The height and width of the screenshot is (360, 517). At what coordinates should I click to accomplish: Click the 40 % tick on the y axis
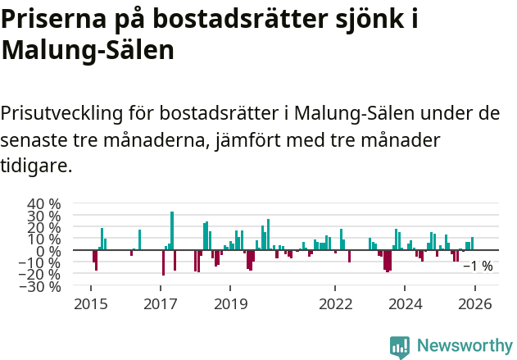pos(43,203)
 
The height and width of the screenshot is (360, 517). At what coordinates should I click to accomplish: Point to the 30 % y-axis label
pos(43,216)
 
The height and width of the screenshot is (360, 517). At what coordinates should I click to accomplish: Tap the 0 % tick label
pos(49,251)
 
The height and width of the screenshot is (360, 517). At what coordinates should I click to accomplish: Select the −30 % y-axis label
pos(39,287)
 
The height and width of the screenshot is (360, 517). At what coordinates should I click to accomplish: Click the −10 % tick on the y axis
pos(39,263)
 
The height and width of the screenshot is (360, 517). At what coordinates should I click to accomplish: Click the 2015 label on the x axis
pos(90,304)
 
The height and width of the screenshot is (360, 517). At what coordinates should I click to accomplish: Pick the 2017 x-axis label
pos(161,304)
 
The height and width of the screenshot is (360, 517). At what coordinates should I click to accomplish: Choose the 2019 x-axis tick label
pos(230,304)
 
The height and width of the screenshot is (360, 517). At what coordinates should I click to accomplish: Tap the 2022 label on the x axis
pos(335,304)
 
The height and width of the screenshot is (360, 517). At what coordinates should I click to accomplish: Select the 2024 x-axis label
pos(405,304)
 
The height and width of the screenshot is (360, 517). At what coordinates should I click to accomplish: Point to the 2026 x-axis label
pos(475,304)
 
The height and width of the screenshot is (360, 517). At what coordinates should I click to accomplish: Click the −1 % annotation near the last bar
pos(478,266)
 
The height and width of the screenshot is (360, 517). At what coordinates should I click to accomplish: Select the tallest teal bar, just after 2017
pos(172,230)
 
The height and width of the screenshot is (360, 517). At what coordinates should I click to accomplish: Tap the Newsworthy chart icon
pos(400,346)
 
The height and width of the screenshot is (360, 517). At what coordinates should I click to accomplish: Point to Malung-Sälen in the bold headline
pos(88,51)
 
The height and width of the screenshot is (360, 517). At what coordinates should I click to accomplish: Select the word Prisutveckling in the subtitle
pos(66,112)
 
